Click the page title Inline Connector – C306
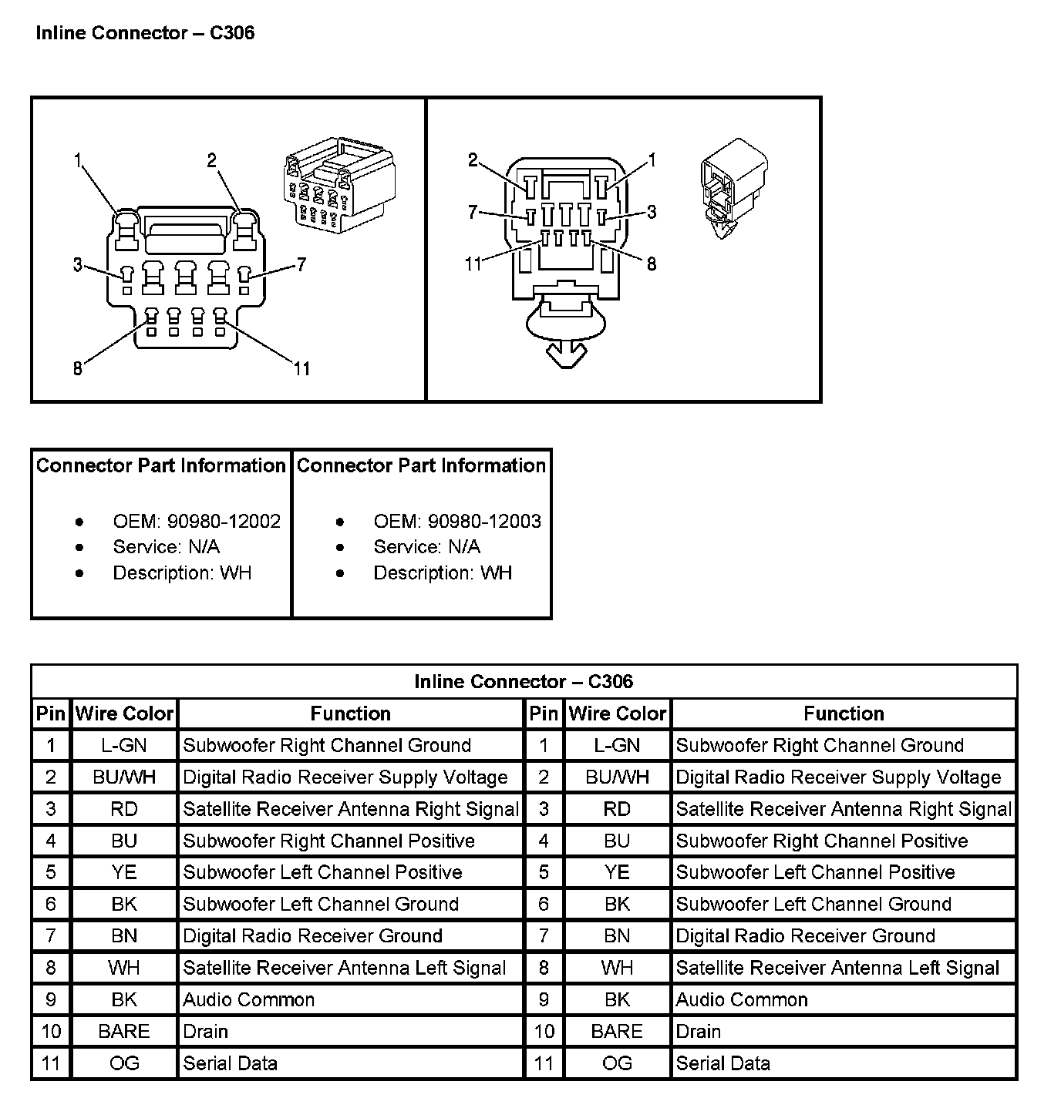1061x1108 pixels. click(x=145, y=33)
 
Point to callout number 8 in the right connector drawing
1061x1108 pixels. click(x=652, y=264)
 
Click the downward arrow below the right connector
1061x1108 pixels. click(x=566, y=355)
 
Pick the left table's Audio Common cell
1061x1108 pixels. click(x=249, y=1000)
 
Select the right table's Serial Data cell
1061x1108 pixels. click(x=723, y=1064)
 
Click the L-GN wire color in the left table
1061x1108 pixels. click(x=124, y=746)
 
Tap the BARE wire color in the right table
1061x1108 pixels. click(x=617, y=1032)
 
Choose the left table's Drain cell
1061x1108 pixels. click(x=206, y=1032)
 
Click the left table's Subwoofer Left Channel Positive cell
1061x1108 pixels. click(x=322, y=873)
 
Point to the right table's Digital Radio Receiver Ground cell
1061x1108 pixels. click(x=806, y=936)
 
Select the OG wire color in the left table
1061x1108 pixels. click(x=124, y=1064)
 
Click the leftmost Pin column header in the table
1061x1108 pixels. click(x=51, y=714)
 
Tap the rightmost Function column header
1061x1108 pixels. click(x=844, y=714)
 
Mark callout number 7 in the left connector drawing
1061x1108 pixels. click(x=301, y=265)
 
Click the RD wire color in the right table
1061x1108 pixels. click(x=617, y=810)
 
